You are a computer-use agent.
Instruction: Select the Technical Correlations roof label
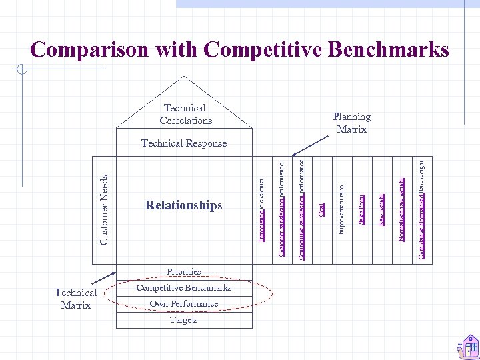[x=185, y=114]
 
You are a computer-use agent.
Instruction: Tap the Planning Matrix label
[x=351, y=123]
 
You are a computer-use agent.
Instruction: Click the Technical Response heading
[x=184, y=143]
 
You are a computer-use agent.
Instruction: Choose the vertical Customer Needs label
[x=104, y=209]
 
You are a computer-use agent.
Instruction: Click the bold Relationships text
[x=184, y=205]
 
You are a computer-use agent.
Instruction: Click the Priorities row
[x=184, y=271]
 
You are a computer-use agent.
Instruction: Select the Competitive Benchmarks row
[x=184, y=288]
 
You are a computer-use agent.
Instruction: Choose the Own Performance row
[x=184, y=304]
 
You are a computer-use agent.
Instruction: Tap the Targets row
[x=184, y=320]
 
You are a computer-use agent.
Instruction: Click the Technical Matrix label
[x=75, y=299]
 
